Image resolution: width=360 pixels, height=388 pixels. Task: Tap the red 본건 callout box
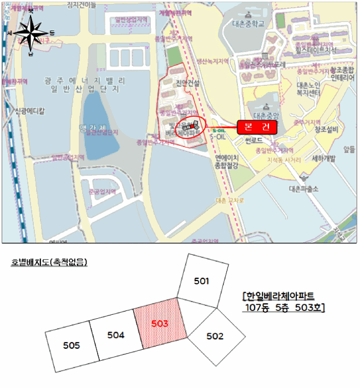pos(257,127)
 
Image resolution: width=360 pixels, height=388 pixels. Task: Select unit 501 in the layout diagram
pos(202,282)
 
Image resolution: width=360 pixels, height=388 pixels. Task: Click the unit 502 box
pos(215,335)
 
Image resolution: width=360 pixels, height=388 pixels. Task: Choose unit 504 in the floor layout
pos(116,335)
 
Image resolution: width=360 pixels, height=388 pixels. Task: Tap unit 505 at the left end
pos(72,345)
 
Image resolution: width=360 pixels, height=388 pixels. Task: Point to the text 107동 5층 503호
pos(285,307)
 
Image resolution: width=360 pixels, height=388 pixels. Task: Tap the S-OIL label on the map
pos(217,133)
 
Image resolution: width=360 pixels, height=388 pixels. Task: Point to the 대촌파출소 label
pos(304,188)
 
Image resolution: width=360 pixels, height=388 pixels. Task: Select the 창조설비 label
pos(327,129)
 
